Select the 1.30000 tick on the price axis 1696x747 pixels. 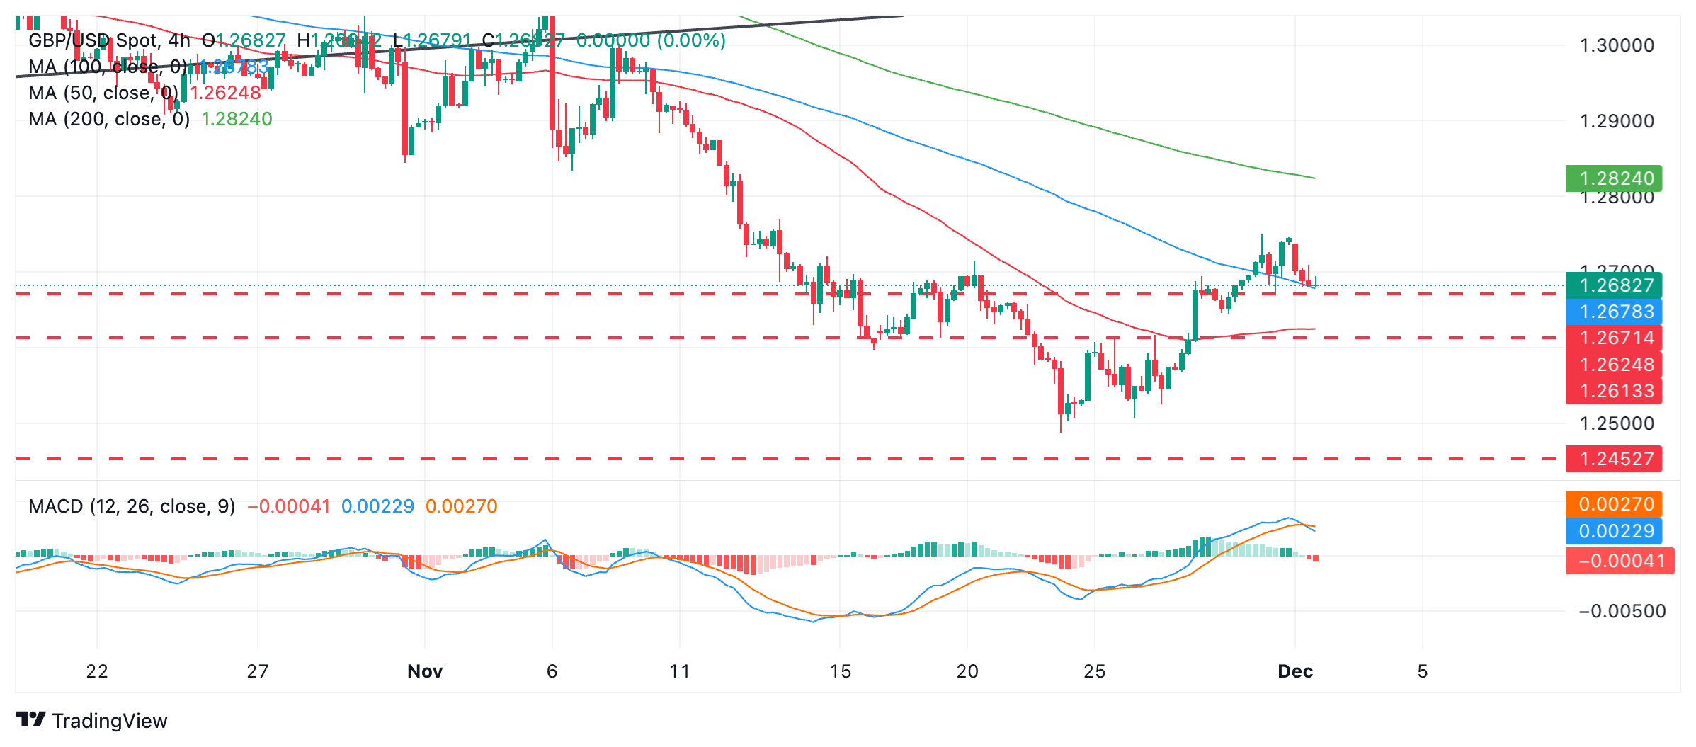pos(1617,45)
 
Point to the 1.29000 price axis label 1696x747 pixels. pos(1617,121)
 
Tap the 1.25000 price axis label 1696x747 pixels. pos(1617,423)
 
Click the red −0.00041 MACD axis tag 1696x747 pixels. pos(1620,561)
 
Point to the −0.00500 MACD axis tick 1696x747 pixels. pos(1622,611)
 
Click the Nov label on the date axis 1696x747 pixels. pos(425,671)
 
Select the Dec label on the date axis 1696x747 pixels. pos(1295,671)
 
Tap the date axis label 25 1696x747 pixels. pos(1095,671)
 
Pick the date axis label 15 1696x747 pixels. pos(840,671)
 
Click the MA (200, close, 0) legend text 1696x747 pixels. pos(109,119)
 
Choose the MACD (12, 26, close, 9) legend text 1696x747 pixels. pos(132,506)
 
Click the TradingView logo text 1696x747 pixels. pos(109,721)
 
